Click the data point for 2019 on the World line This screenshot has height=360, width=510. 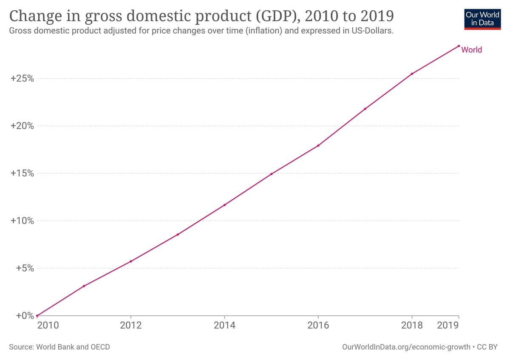(x=459, y=46)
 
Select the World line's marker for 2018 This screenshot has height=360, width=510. (x=412, y=74)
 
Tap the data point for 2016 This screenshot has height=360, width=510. (x=318, y=145)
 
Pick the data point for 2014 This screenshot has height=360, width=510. (x=224, y=205)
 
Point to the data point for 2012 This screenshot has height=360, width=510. (x=131, y=261)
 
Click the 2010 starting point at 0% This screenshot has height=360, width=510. (x=37, y=316)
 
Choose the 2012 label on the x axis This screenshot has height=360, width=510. (x=131, y=326)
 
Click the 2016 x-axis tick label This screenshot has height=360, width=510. (x=318, y=326)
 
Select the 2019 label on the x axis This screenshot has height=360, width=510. (x=448, y=326)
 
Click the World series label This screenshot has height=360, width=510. (x=471, y=50)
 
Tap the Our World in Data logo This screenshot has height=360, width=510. (x=482, y=18)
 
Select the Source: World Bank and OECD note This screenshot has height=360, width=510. (x=59, y=347)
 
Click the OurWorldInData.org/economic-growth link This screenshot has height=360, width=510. (x=406, y=347)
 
